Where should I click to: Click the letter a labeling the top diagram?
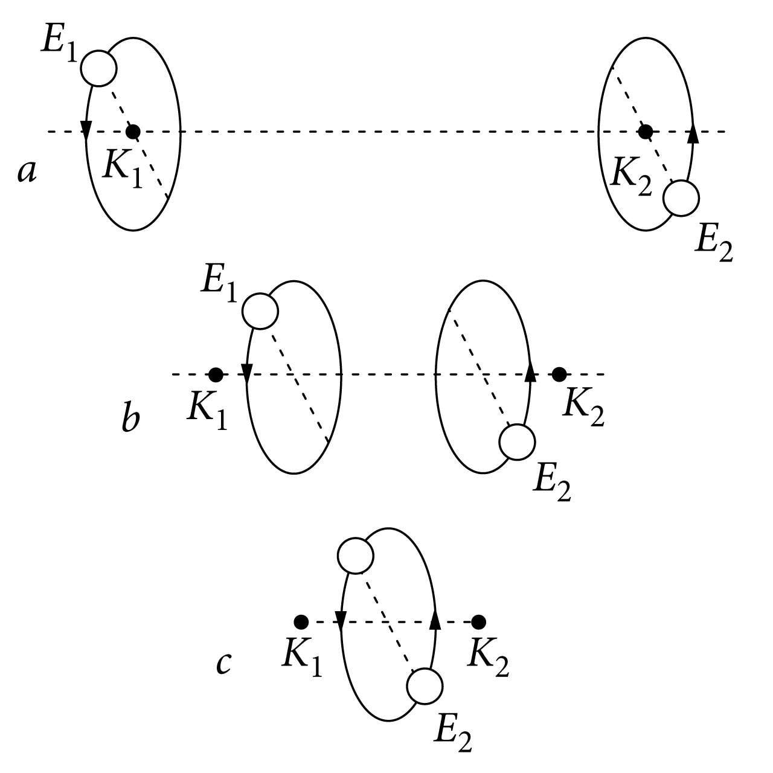tap(27, 173)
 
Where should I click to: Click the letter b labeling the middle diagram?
tap(130, 419)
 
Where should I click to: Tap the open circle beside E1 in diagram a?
tap(98, 68)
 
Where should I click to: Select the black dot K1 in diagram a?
tap(133, 131)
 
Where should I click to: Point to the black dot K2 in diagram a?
tap(646, 130)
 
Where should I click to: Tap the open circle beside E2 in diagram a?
tap(681, 197)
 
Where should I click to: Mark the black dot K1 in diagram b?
tap(216, 374)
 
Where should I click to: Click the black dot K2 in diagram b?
tap(559, 374)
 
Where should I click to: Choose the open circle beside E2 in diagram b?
tap(517, 441)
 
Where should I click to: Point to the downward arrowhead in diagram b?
tap(246, 371)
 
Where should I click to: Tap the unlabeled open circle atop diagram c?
tap(356, 556)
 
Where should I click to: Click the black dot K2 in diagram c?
tap(478, 621)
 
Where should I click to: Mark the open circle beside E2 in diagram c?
tap(425, 686)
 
